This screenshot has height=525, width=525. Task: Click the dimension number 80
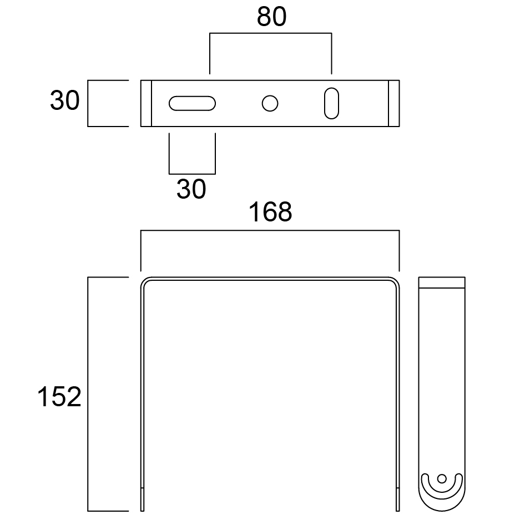coord(271,17)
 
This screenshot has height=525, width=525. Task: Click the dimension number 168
coord(270,212)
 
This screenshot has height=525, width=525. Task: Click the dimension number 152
coord(59,397)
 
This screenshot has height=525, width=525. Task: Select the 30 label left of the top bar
coord(65,101)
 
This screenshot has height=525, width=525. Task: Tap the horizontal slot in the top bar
coord(192,104)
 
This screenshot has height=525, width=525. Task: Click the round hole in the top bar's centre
coord(270,103)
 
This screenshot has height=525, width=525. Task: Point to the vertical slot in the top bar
coord(331,103)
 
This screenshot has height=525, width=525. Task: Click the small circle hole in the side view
coord(442,478)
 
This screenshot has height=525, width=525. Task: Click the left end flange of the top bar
coord(146,103)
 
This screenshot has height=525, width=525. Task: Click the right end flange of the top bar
coord(393,103)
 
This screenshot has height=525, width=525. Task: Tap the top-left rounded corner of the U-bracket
coord(145,282)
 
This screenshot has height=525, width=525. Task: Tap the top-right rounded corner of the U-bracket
coord(395,282)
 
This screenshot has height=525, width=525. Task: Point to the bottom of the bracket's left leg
coord(143,502)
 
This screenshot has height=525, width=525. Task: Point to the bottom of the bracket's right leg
coord(397,502)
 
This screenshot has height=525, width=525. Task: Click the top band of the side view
coord(442,282)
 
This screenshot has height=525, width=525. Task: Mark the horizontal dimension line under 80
coord(270,34)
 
